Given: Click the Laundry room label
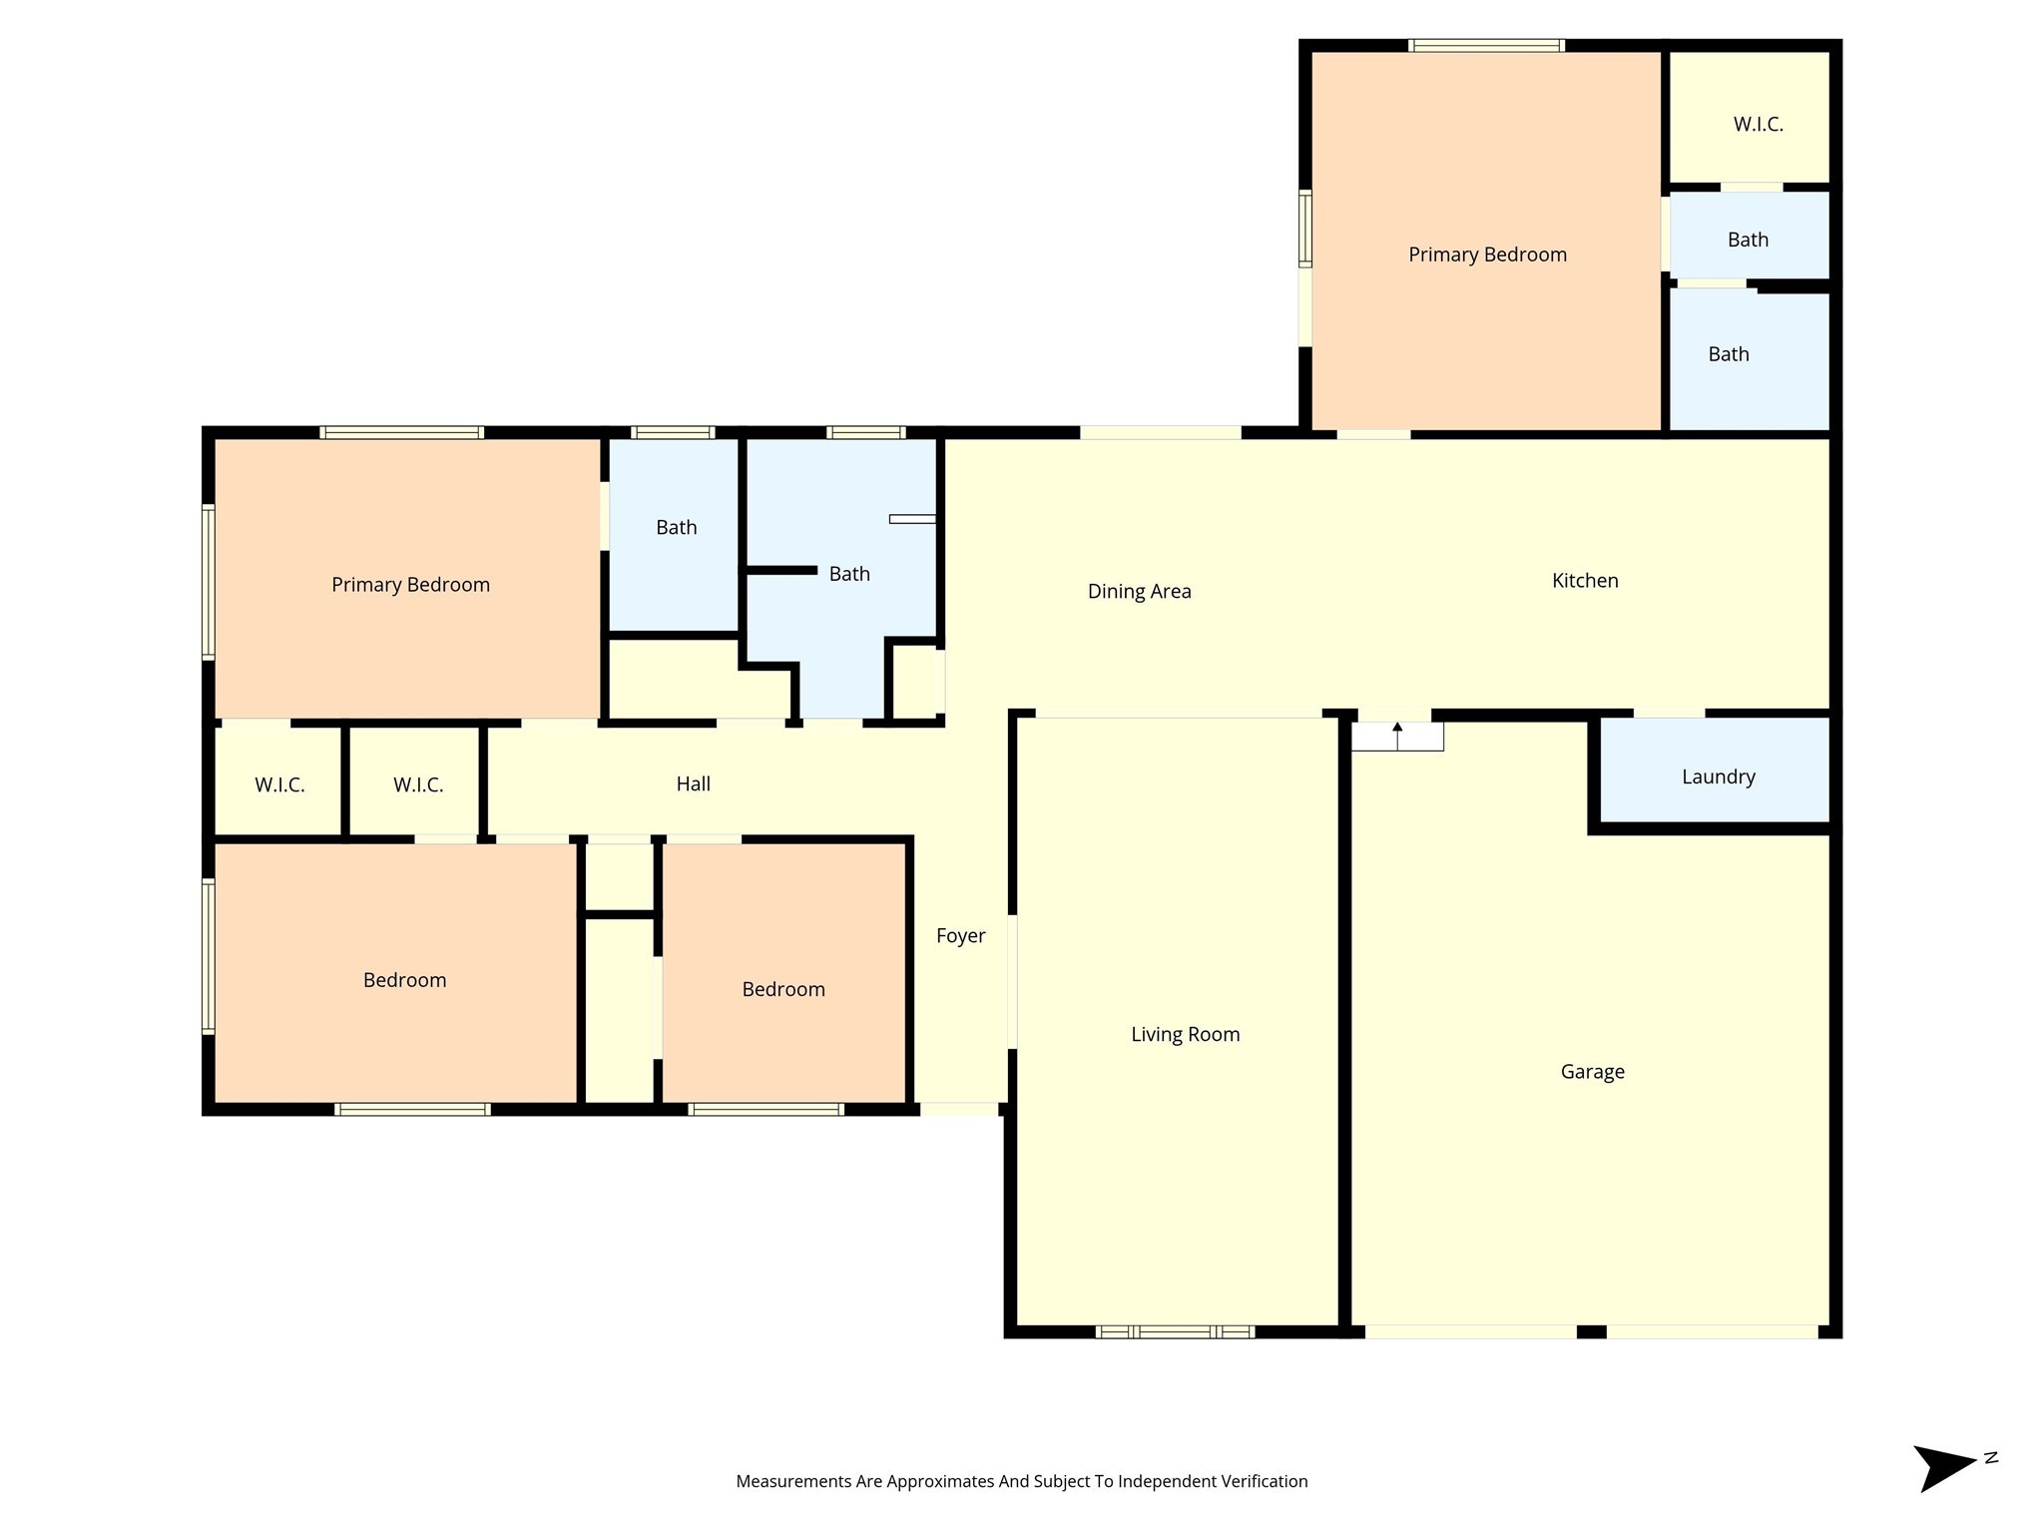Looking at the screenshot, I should click(1718, 776).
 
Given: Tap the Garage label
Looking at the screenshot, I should click(1592, 1072).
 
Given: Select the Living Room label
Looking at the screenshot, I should click(1185, 1035).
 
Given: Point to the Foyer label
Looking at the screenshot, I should click(960, 936).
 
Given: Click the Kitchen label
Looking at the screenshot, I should click(1585, 581).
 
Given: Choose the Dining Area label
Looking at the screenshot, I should click(1139, 592).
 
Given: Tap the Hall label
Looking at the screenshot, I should click(693, 784).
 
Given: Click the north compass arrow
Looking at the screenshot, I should click(1946, 1467).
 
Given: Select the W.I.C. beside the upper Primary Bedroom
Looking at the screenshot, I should click(1758, 125).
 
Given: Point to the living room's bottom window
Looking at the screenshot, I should click(1175, 1331).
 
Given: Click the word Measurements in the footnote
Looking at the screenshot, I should click(793, 1481).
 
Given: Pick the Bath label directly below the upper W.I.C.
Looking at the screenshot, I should click(1748, 240).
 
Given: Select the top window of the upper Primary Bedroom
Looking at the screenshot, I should click(1486, 45).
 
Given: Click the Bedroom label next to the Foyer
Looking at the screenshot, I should click(783, 990).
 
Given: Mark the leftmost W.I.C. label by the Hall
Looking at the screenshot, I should click(279, 785).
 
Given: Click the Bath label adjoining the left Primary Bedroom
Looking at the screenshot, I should click(676, 528).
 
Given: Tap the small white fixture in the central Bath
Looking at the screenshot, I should click(912, 519).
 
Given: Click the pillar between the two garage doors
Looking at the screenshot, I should click(1591, 1331).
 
